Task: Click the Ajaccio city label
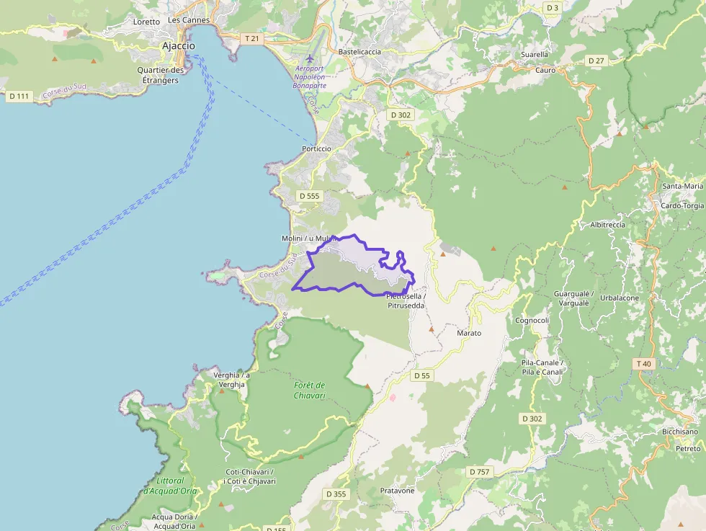pos(178,45)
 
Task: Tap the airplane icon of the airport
pos(310,58)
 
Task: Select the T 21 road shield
pos(251,37)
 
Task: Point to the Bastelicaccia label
pos(359,52)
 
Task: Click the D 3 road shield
pos(552,7)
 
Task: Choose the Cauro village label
pos(545,71)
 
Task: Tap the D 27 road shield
pos(596,61)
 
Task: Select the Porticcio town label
pos(316,148)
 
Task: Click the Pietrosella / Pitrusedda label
pos(406,301)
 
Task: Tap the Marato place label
pos(468,333)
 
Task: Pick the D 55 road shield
pos(422,375)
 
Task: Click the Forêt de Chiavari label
pos(310,390)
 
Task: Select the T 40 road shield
pos(643,364)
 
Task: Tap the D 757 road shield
pos(479,471)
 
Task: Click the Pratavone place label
pos(397,491)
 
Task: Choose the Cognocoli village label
pos(532,320)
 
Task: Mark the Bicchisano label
pos(680,432)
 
